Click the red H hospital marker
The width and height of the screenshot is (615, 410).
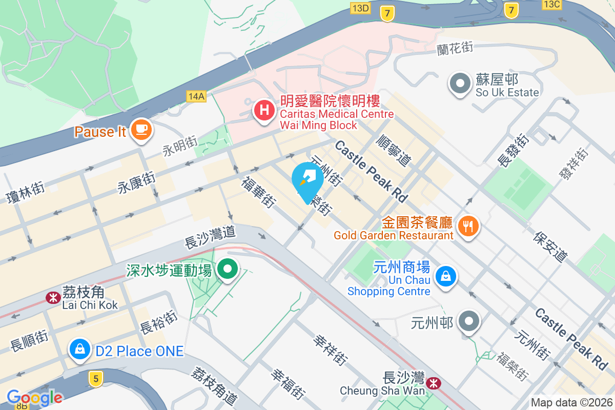[x=264, y=110]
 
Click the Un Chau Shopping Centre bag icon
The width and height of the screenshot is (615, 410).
[x=446, y=277]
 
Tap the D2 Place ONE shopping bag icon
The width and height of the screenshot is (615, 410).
[x=80, y=350]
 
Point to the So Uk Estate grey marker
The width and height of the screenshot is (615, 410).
[x=460, y=83]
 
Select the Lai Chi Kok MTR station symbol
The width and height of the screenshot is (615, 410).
[x=53, y=297]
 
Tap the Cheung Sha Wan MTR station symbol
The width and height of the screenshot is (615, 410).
[x=434, y=382]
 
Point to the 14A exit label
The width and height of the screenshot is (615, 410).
[x=196, y=96]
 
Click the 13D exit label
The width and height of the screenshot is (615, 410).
[x=360, y=7]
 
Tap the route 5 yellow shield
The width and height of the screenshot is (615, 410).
[x=95, y=379]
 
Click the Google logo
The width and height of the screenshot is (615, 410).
[x=34, y=397]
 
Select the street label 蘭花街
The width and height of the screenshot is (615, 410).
[x=455, y=48]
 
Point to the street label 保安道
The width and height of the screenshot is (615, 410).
[x=551, y=245]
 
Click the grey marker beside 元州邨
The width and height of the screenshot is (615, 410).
[x=469, y=322]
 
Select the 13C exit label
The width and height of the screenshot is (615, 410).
[x=552, y=5]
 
